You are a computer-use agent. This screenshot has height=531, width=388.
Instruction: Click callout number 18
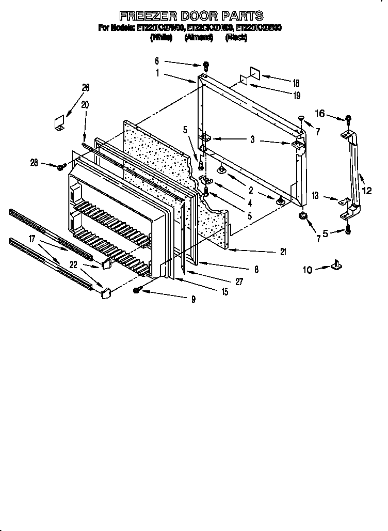click(x=296, y=83)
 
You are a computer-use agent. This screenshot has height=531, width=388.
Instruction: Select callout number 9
click(x=193, y=299)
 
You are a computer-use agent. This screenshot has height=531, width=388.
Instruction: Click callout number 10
click(x=308, y=269)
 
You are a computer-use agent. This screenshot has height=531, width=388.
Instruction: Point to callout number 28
click(x=34, y=163)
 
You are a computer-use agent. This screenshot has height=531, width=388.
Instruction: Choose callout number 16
click(x=320, y=113)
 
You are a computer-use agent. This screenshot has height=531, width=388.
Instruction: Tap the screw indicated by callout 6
click(x=206, y=66)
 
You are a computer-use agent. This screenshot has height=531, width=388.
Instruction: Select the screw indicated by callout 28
click(x=61, y=167)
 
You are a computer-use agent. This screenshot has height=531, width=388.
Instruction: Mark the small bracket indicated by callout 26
click(x=59, y=122)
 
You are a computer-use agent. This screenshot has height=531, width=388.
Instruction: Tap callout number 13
click(x=315, y=196)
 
